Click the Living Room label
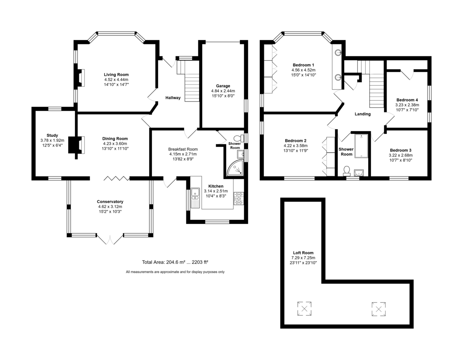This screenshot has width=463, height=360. pos(116,74)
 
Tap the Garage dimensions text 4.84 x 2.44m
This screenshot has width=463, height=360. pos(223,91)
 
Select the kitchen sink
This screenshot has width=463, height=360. pos(195,198)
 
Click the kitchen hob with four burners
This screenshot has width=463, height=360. pos(239,199)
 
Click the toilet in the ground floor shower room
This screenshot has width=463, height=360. pos(239,138)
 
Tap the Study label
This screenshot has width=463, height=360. pos(52,135)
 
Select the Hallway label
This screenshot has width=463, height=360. pos(173,98)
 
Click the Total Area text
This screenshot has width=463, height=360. pos(175,262)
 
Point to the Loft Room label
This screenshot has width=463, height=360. pos(303,253)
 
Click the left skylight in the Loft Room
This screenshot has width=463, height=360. pos(304,309)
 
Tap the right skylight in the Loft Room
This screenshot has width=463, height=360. pos(379,309)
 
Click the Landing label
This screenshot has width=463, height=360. pos(362,114)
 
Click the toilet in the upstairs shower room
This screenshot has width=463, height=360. pos(346,171)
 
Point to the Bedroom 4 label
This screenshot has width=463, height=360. pos(407,100)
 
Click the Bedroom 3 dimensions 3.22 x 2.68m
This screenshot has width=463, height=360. pos(400,155)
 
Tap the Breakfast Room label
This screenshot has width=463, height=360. pos(183,149)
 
